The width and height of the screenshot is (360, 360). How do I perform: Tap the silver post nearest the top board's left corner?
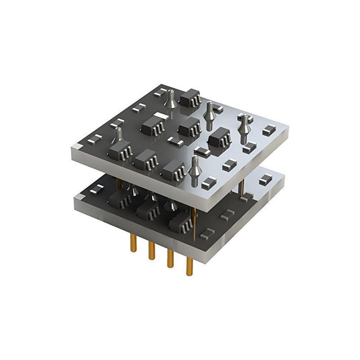(119, 137)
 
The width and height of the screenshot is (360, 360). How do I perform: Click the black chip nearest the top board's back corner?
(189, 99)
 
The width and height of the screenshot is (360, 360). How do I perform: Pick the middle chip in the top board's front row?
(145, 160)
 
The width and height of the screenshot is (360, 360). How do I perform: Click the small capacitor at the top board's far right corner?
(269, 130)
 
